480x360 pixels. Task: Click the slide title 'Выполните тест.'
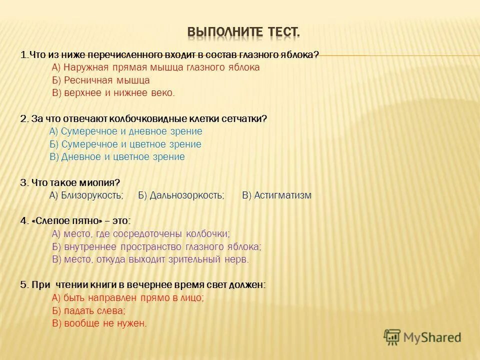pos(243,32)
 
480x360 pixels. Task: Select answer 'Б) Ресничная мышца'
pos(101,80)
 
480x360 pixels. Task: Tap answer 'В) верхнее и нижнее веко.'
pos(114,92)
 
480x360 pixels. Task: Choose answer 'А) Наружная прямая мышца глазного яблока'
pos(155,67)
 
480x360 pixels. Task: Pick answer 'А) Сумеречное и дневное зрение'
pos(126,131)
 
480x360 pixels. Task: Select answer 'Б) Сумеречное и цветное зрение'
pos(125,144)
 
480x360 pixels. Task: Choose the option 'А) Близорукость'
pos(86,195)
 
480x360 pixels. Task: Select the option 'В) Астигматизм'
pos(276,195)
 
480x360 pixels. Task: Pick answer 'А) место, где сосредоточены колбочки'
pos(141,233)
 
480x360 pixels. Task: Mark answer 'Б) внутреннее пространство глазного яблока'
pos(156,246)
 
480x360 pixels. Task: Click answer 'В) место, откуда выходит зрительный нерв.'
pos(150,259)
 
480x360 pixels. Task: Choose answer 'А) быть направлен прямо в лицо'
pos(128,297)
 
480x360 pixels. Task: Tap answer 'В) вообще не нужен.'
pos(99,323)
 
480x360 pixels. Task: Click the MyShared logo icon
pos(392,337)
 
